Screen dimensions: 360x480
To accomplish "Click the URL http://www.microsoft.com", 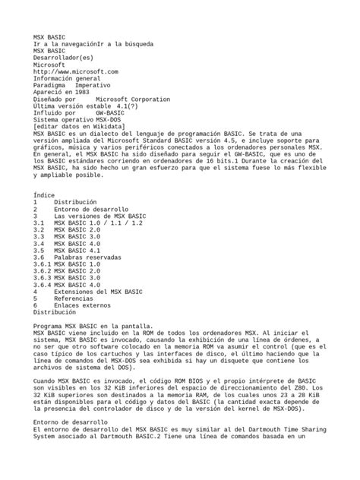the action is click(x=76, y=71).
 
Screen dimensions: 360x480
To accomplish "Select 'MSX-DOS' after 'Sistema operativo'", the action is click(x=107, y=120).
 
